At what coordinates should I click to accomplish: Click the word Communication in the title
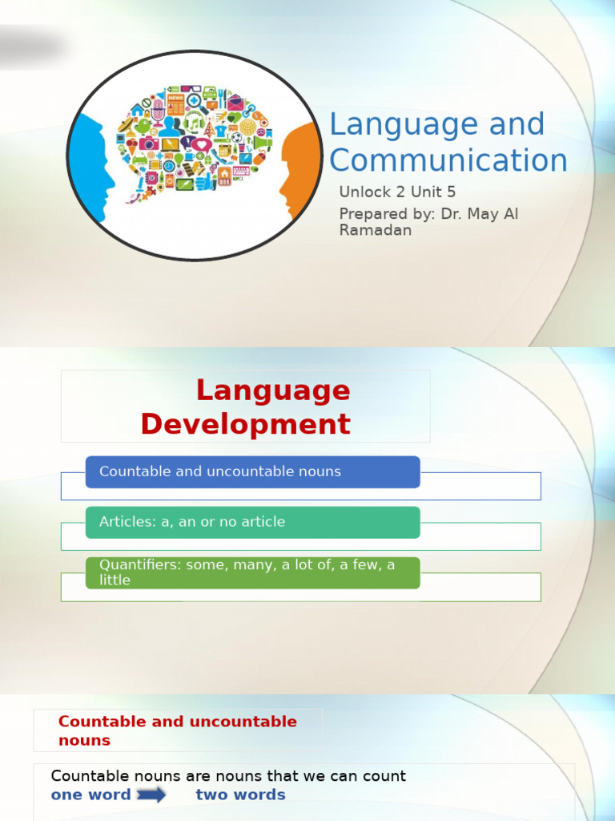pyautogui.click(x=448, y=160)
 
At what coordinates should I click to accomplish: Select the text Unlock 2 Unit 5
pyautogui.click(x=397, y=192)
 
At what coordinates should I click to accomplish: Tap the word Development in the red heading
pyautogui.click(x=245, y=424)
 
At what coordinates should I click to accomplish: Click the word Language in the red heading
pyautogui.click(x=273, y=390)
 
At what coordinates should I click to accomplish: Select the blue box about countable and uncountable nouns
pyautogui.click(x=252, y=472)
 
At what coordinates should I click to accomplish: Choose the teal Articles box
pyautogui.click(x=252, y=523)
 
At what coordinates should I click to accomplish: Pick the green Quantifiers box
pyautogui.click(x=252, y=573)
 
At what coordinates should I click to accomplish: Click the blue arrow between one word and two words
pyautogui.click(x=151, y=795)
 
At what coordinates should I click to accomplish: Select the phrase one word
pyautogui.click(x=90, y=795)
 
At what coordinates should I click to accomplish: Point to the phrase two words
pyautogui.click(x=240, y=795)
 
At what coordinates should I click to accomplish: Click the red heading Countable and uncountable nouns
pyautogui.click(x=177, y=730)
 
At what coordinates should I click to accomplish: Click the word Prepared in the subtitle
pyautogui.click(x=373, y=213)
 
